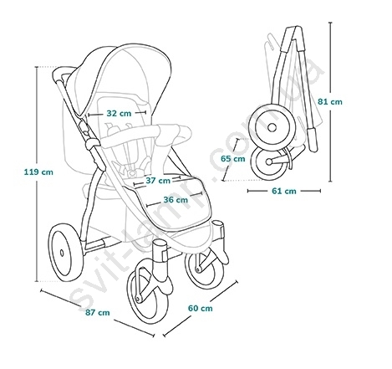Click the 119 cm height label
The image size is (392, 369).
point(38,172)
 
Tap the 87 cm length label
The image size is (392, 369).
point(98,312)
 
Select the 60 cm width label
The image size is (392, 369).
point(200,308)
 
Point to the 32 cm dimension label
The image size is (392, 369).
point(119,113)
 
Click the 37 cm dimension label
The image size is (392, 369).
point(158,181)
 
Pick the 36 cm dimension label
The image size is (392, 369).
point(176,200)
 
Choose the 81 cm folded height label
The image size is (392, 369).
point(330,101)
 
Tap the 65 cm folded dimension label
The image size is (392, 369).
point(233,159)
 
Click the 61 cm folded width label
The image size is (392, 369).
point(284,191)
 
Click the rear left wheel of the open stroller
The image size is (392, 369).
point(66,253)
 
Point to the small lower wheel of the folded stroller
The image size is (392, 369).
point(270,163)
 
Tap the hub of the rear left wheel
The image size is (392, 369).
point(62,253)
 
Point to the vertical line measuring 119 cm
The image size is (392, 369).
point(37,174)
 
